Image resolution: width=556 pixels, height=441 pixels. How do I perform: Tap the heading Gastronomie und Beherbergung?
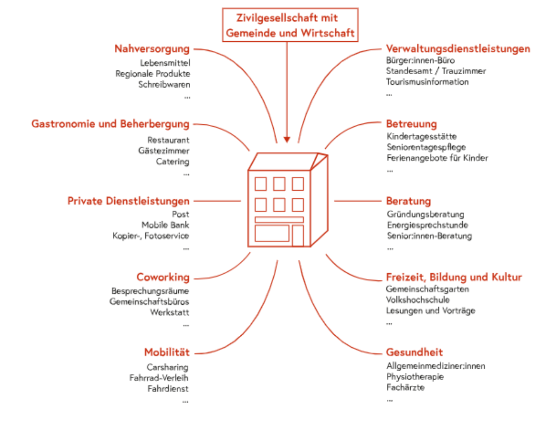110,124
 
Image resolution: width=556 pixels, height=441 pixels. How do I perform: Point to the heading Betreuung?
411,124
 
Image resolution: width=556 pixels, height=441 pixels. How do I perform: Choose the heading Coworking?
163,277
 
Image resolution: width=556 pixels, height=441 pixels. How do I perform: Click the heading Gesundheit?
414,352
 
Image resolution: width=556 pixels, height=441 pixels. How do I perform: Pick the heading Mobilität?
167,352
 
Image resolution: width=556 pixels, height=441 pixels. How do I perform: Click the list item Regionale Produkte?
153,73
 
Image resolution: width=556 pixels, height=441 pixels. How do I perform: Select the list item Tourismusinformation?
427,82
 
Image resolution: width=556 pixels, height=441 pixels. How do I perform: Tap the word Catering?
173,162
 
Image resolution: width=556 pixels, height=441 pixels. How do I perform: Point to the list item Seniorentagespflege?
426,147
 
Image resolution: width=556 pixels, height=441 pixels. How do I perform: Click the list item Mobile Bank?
165,225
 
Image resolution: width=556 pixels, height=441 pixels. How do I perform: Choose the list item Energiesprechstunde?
427,225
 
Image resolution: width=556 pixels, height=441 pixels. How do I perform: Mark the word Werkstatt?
170,312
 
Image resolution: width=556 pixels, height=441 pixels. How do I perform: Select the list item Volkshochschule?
418,300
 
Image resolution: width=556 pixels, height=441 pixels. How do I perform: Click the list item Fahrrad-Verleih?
159,378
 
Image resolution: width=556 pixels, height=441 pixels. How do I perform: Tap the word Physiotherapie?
415,377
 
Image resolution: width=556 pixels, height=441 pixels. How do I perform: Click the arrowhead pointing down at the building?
287,139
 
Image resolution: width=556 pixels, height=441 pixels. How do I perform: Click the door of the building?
298,236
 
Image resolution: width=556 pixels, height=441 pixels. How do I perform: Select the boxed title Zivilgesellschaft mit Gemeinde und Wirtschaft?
290,25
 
